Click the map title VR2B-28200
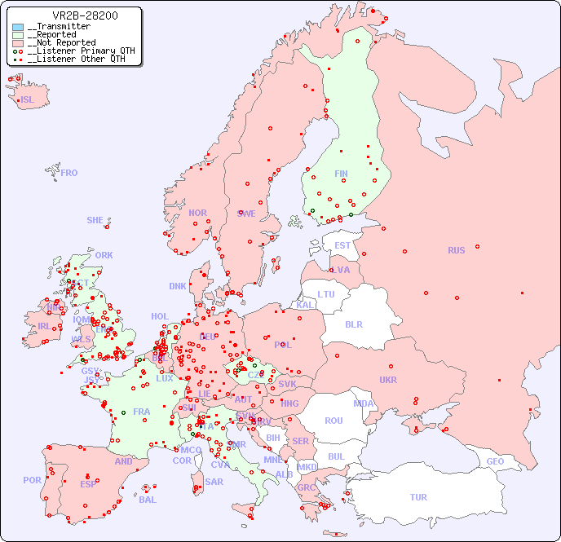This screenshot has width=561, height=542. click(85, 15)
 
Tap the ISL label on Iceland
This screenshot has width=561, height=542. click(28, 100)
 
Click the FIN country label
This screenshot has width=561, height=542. click(341, 174)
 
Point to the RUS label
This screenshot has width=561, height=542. click(456, 250)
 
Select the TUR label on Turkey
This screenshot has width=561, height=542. click(418, 497)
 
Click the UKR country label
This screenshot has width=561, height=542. click(388, 380)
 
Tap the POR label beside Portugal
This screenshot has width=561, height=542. click(32, 480)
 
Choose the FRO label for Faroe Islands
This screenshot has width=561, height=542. click(69, 173)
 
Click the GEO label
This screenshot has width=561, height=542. click(495, 461)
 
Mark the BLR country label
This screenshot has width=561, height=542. click(353, 324)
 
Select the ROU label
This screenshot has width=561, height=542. click(334, 421)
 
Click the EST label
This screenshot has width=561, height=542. click(342, 245)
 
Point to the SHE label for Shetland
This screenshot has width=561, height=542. click(95, 220)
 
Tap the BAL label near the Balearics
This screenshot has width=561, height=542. click(148, 500)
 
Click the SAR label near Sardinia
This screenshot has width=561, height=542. click(214, 482)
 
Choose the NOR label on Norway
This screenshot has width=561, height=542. click(197, 213)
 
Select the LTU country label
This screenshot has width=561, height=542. click(326, 294)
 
